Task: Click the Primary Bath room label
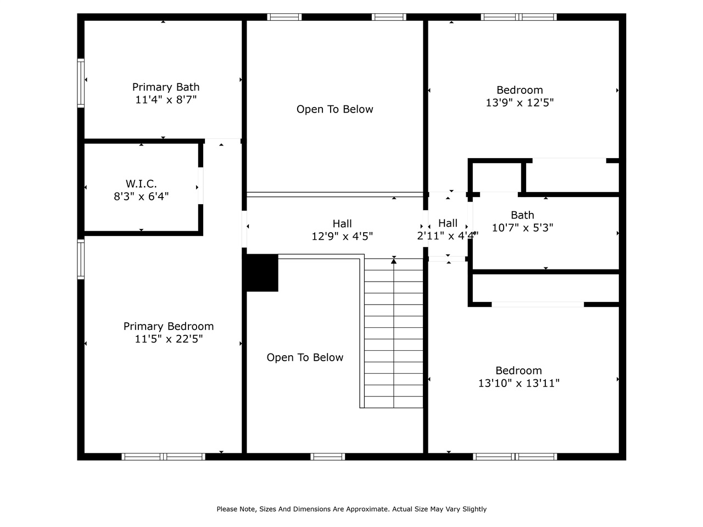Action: pos(165,87)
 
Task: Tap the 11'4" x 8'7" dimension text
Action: pos(165,100)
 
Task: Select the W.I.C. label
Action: pos(141,184)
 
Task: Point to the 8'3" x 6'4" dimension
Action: pos(141,196)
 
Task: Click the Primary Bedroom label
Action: pos(169,327)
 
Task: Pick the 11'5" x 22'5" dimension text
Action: pos(169,339)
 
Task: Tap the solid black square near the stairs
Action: pos(262,273)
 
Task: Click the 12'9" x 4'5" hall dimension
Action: pos(342,237)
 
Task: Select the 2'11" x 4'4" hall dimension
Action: pos(448,236)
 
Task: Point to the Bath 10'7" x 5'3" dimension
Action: pos(522,228)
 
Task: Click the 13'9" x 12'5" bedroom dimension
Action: pos(520,103)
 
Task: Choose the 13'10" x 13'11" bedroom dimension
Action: pos(518,383)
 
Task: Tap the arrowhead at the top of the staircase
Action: pos(394,261)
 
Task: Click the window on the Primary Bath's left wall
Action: pos(81,83)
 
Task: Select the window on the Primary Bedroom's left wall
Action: pos(81,259)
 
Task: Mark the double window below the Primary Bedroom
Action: pos(163,457)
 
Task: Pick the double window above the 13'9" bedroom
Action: pos(518,17)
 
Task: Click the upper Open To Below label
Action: pos(334,109)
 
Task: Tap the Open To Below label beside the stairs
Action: pos(305,357)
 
